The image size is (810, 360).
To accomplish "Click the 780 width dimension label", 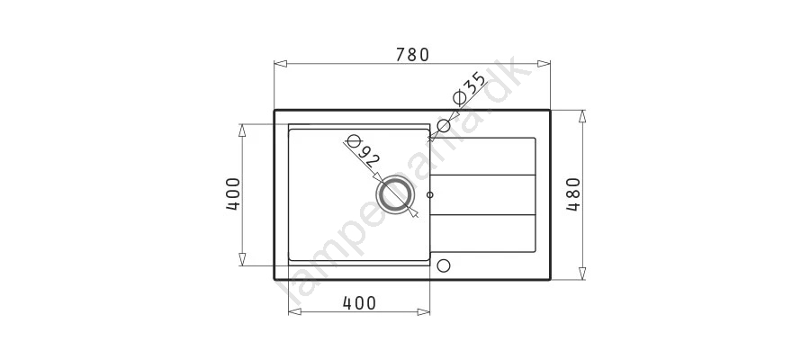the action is (x=412, y=54).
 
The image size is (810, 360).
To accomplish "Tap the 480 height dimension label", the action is (x=573, y=194).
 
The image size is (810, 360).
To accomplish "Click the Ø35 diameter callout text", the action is (x=469, y=88).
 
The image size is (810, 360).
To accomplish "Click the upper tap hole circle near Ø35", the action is (x=443, y=125).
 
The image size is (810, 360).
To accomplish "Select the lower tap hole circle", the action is (x=443, y=265).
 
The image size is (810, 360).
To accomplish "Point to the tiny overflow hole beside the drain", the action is (x=430, y=194).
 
